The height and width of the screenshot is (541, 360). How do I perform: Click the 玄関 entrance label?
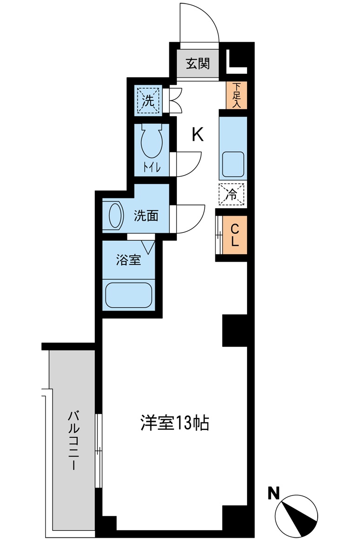click(198, 64)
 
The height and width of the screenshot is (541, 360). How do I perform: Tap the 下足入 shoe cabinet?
click(237, 95)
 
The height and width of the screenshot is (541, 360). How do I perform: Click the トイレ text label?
click(152, 168)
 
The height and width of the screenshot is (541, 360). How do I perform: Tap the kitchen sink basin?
click(233, 164)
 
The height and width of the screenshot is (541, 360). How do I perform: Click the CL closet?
click(235, 235)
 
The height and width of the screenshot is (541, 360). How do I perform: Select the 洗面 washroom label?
click(146, 216)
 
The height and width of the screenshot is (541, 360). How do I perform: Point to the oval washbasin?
click(115, 215)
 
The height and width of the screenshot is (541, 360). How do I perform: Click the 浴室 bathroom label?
click(128, 260)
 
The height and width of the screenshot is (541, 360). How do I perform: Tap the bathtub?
click(128, 295)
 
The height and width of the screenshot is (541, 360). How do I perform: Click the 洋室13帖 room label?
click(174, 423)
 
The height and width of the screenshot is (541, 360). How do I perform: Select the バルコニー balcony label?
click(73, 440)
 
